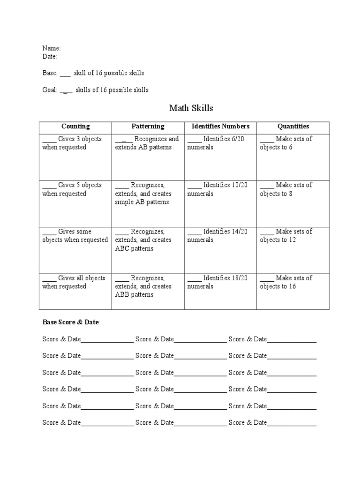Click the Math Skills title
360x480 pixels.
click(191, 108)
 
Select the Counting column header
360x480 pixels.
click(75, 127)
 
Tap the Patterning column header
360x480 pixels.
click(148, 127)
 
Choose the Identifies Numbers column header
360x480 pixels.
click(220, 127)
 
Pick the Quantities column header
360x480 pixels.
click(293, 127)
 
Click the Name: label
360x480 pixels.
click(51, 48)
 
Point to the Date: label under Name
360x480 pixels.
click(50, 56)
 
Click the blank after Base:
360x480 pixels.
click(65, 74)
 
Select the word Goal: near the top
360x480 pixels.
click(50, 90)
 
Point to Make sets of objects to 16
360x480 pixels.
click(286, 282)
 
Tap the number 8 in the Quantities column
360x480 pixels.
click(291, 194)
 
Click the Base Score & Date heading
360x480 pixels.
click(71, 322)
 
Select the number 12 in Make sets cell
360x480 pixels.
click(292, 240)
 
